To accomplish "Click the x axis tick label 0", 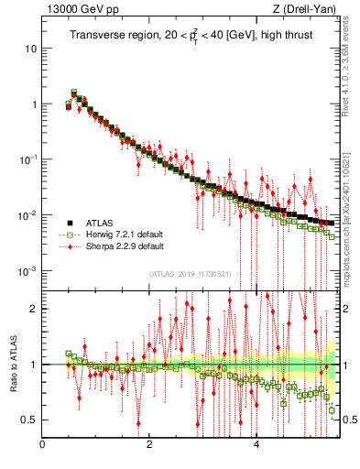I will tap(42, 445).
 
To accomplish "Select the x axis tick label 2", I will tap(149, 445).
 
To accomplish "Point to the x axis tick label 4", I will tap(256, 445).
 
